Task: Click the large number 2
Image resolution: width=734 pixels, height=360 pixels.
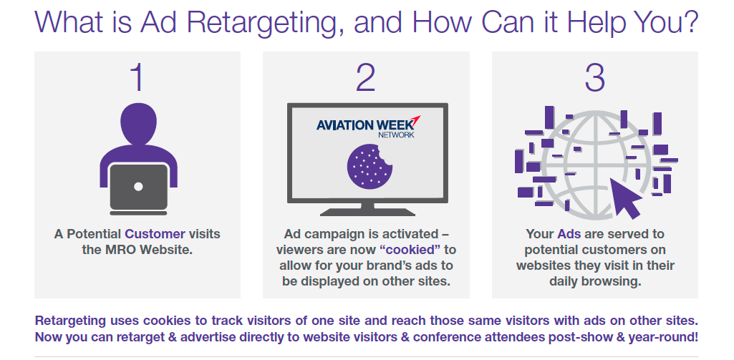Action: (x=366, y=77)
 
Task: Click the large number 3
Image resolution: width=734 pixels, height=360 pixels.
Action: (x=594, y=77)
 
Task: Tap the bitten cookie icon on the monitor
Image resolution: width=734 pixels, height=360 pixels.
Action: (x=370, y=166)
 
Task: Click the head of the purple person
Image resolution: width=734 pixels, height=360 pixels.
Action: (x=138, y=124)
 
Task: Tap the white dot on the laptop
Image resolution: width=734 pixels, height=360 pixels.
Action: (x=138, y=186)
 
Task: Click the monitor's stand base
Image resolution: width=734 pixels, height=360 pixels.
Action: (x=367, y=212)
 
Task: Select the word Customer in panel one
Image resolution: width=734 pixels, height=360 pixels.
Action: (x=155, y=233)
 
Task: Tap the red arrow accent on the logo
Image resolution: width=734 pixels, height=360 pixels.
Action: (x=415, y=120)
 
